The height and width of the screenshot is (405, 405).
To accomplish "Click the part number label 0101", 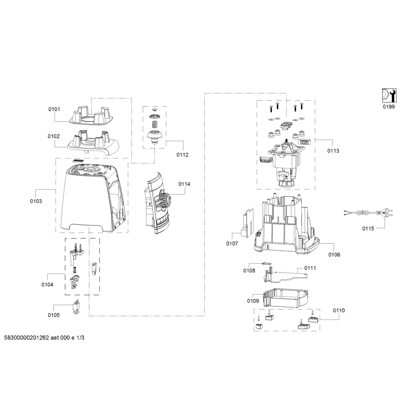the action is (x=54, y=109).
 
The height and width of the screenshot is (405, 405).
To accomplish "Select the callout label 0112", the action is (x=182, y=155).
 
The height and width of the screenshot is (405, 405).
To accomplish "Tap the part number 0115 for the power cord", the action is (x=368, y=228).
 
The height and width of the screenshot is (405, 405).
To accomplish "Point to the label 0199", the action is (x=389, y=107).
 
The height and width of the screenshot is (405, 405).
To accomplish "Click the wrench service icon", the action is (x=389, y=95).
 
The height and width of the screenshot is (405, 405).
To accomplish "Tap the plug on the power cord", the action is (x=385, y=213).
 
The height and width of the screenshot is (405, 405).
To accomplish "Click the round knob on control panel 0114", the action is (x=164, y=200).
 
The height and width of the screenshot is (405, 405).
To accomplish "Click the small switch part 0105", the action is (x=76, y=307).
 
